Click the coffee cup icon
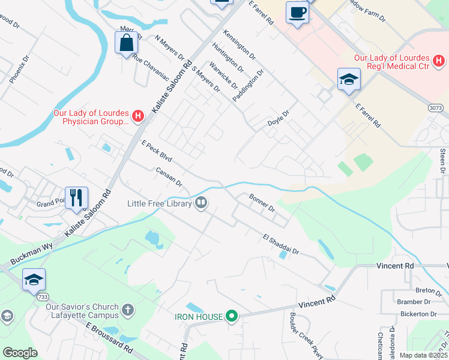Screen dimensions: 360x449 (297, 12)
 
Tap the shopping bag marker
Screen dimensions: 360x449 (126, 43)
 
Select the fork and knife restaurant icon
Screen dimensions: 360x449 (76, 197)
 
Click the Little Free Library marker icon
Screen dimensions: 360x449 (201, 203)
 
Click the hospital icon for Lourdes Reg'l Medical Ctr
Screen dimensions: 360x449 (439, 61)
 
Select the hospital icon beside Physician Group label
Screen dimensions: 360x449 (137, 116)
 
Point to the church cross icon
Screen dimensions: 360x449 (127, 310)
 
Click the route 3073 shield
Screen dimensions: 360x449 (436, 108)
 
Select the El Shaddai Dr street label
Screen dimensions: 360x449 (280, 245)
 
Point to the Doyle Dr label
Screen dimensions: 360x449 (279, 119)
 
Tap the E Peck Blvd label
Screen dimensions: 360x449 (157, 152)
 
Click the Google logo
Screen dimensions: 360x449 (20, 352)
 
